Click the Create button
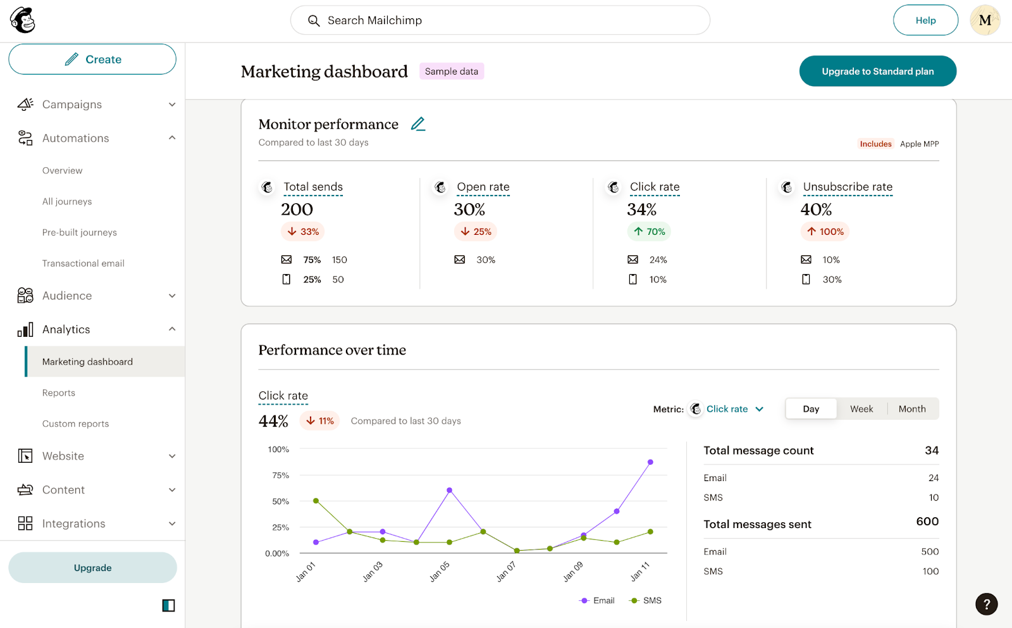92,60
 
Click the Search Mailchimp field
500,20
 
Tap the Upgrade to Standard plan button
877,72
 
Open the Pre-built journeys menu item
80,232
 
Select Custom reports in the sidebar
75,424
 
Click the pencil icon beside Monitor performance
418,124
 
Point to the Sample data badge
451,72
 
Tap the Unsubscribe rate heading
847,187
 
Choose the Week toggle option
861,409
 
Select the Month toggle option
911,409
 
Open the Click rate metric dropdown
734,409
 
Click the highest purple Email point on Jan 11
650,462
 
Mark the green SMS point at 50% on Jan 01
316,501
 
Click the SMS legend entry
646,600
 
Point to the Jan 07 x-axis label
506,571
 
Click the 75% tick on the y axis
280,475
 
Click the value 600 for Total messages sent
927,522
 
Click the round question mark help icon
986,604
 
